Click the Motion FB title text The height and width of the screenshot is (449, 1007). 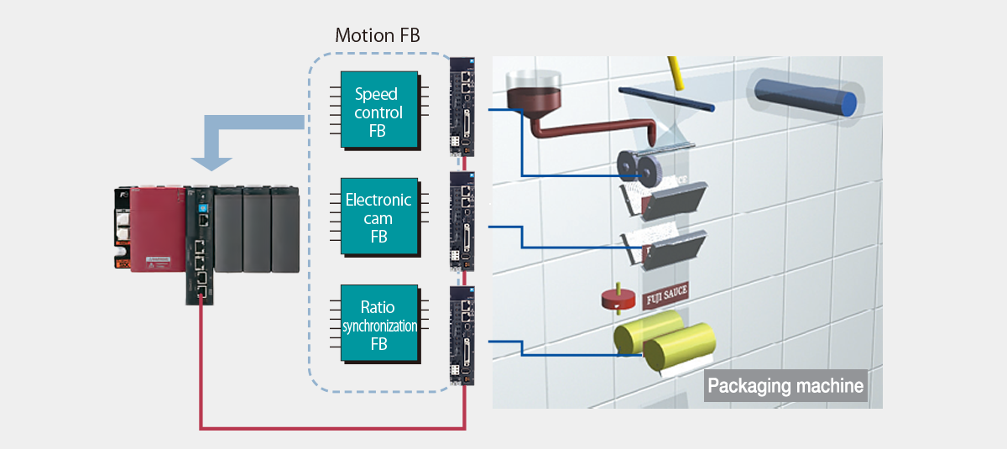[x=378, y=35]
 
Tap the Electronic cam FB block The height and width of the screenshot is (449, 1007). [x=379, y=217]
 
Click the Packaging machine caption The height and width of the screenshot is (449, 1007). [x=785, y=386]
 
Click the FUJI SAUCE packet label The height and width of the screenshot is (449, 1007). [x=665, y=295]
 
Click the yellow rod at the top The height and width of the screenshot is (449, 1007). [x=675, y=73]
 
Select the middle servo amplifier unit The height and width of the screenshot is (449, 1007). [x=462, y=221]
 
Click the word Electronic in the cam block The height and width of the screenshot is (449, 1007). [x=379, y=201]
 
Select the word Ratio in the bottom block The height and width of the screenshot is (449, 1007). [x=379, y=307]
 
